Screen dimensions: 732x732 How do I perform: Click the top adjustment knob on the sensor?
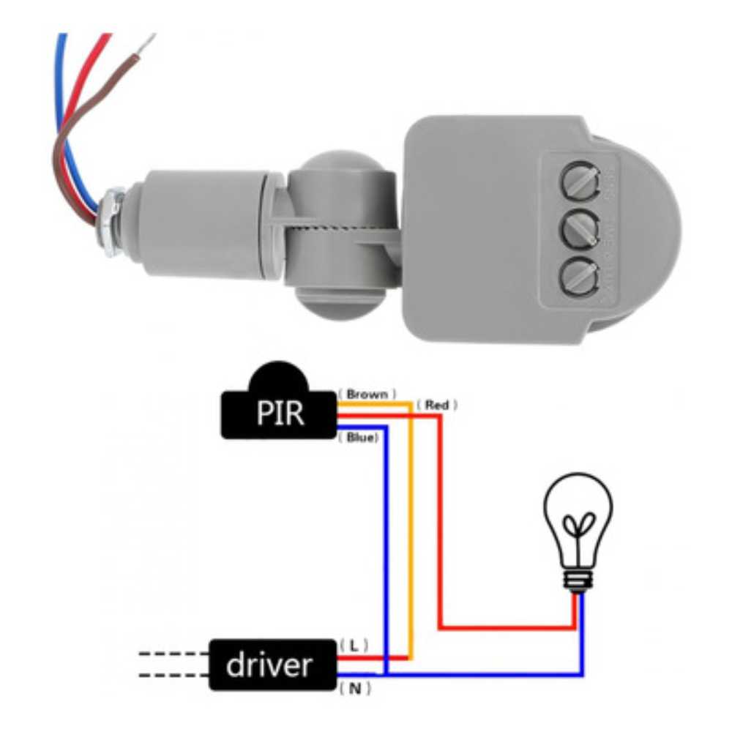(x=578, y=179)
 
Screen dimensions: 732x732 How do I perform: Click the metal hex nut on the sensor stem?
(x=112, y=220)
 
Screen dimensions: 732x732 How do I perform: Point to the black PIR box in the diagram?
(x=279, y=413)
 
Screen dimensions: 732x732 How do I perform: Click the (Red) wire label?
(x=437, y=404)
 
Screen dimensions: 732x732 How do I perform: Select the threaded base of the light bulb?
(x=578, y=580)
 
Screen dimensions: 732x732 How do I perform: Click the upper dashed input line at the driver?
(x=172, y=653)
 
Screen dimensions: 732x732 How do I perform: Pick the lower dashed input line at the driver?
(x=172, y=676)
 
